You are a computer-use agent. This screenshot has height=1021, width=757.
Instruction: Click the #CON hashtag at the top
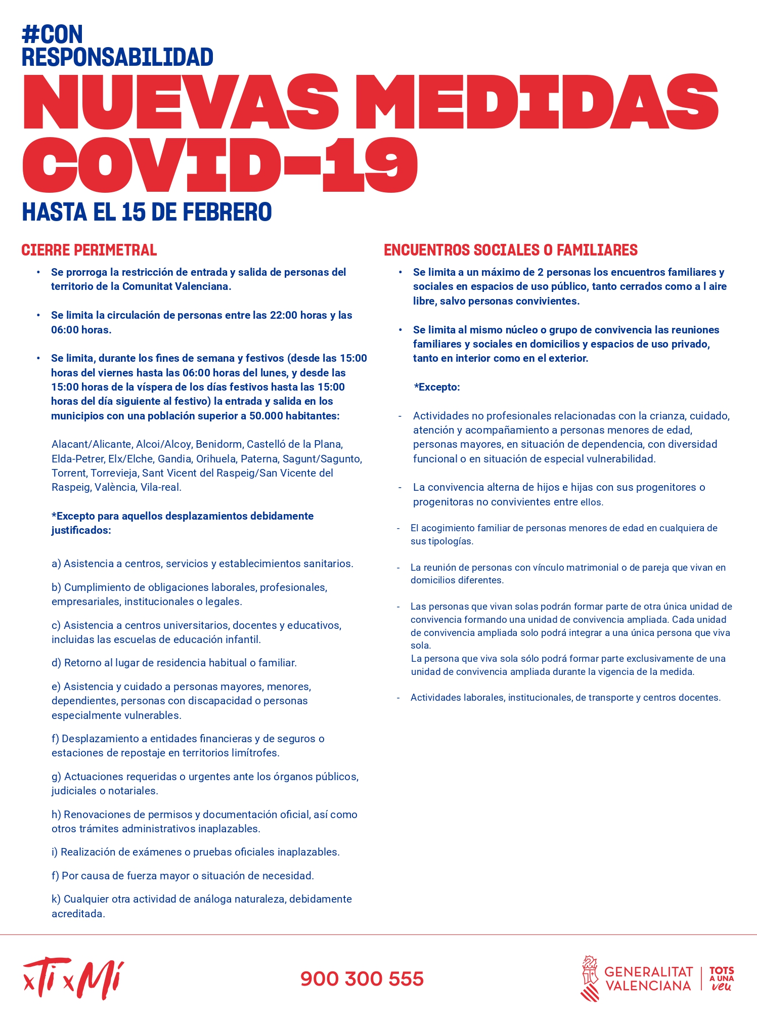52,34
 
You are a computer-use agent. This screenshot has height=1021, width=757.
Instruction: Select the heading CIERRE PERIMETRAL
89,250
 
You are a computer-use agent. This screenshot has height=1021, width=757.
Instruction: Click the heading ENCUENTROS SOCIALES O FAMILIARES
510,250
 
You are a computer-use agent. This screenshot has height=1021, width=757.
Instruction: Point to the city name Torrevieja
114,473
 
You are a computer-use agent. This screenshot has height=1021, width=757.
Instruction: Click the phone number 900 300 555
362,979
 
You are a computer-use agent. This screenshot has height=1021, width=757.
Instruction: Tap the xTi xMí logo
73,977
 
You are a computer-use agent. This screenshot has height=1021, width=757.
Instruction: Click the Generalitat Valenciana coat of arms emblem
589,977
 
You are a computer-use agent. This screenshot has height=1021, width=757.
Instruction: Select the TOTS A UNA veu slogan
722,979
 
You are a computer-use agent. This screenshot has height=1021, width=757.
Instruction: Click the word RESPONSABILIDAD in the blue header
117,57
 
